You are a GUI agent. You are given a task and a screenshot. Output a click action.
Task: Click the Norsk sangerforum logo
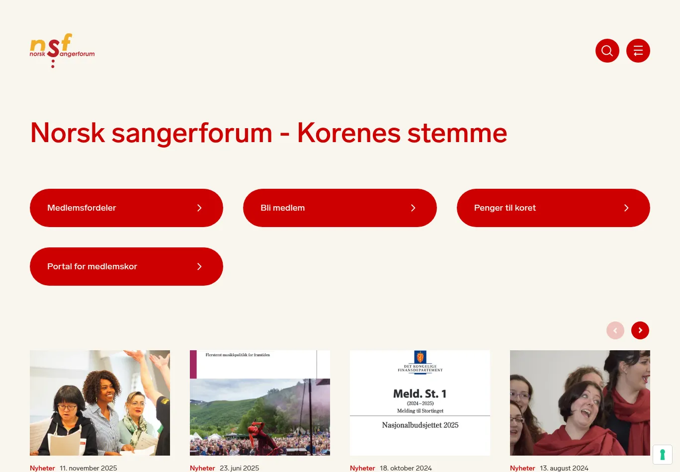point(62,50)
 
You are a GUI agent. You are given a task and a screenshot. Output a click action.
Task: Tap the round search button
point(607,51)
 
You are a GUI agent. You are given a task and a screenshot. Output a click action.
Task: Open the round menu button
point(638,51)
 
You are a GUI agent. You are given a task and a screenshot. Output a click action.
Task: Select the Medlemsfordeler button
point(126,208)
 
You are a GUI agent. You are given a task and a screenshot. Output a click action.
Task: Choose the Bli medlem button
point(340,208)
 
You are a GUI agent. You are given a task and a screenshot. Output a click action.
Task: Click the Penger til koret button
point(553,208)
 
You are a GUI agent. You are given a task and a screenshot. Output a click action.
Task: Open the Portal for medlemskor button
point(126,266)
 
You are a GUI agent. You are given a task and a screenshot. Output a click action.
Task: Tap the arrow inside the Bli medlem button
point(413,208)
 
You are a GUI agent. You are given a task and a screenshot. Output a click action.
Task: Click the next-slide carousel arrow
point(640,330)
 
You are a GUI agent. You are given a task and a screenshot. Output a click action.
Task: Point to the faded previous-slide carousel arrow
point(615,330)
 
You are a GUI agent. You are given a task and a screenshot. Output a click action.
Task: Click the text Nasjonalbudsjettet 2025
point(420,425)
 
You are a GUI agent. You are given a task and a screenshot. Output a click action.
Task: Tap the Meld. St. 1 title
point(420,394)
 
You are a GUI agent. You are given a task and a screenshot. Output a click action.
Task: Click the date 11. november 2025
point(88,468)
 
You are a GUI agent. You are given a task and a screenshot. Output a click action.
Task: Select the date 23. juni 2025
point(239,468)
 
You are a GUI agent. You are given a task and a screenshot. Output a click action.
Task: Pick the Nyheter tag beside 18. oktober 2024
point(362,468)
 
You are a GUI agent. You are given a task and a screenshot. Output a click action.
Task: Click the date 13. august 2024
point(564,468)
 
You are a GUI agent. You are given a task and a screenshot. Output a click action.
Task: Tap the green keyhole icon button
point(662,455)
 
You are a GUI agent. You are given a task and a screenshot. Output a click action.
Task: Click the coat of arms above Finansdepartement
point(420,357)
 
